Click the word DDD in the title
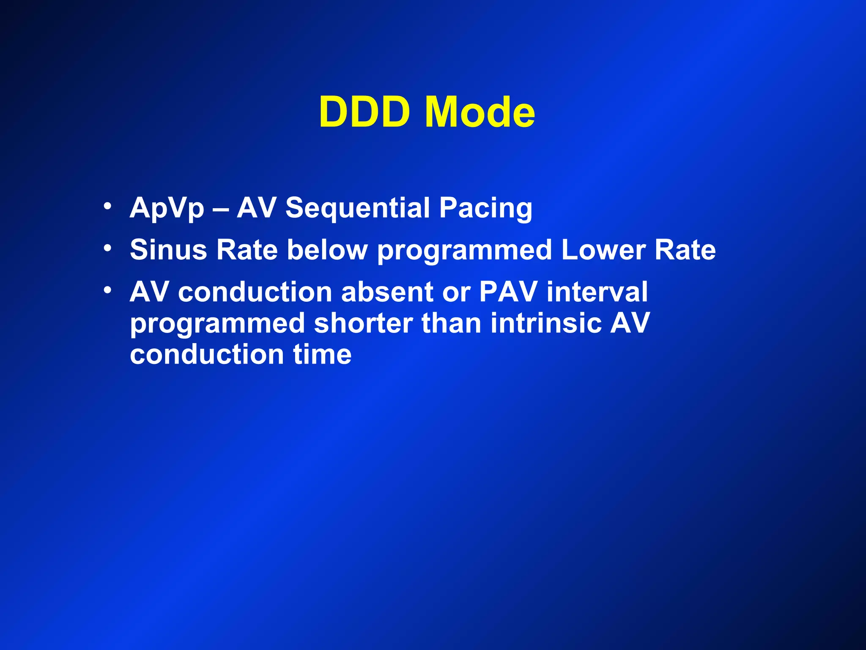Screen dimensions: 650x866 point(364,112)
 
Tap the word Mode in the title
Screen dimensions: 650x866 point(480,112)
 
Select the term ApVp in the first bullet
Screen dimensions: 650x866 point(167,209)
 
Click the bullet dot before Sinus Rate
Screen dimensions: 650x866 point(108,248)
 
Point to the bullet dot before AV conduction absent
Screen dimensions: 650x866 point(108,290)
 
